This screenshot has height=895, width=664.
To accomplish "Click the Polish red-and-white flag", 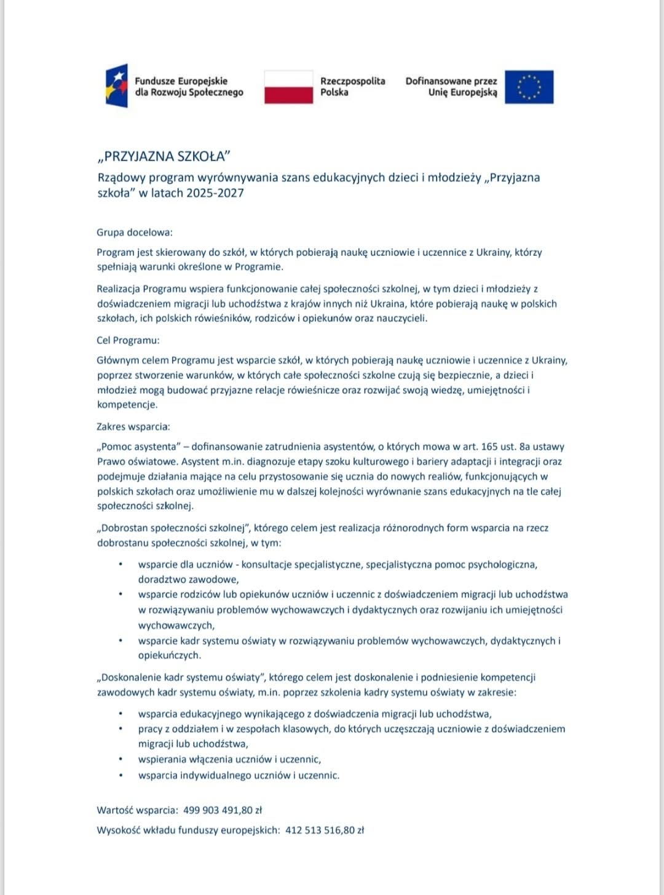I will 288,87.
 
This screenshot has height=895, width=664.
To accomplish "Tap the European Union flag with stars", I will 529,87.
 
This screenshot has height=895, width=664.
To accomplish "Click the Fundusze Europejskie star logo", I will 117,86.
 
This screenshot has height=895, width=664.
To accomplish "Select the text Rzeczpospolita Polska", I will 352,87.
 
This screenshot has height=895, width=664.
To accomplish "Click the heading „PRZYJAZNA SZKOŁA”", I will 164,156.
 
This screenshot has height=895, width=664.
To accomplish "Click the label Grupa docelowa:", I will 135,233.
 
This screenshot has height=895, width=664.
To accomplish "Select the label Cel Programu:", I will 128,340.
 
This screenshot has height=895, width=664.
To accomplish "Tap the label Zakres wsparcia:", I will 133,426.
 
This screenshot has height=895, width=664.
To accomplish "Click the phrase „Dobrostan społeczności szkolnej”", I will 173,528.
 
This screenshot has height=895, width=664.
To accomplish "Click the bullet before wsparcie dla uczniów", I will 121,564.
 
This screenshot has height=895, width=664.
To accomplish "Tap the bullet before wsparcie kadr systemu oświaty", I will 121,640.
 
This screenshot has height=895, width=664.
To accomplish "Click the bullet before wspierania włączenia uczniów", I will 121,760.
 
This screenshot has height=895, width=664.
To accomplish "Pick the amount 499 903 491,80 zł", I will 223,810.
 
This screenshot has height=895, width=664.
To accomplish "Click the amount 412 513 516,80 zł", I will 325,830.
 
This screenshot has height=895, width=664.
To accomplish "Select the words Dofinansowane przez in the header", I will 451,81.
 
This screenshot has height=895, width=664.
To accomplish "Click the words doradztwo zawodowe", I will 188,579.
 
